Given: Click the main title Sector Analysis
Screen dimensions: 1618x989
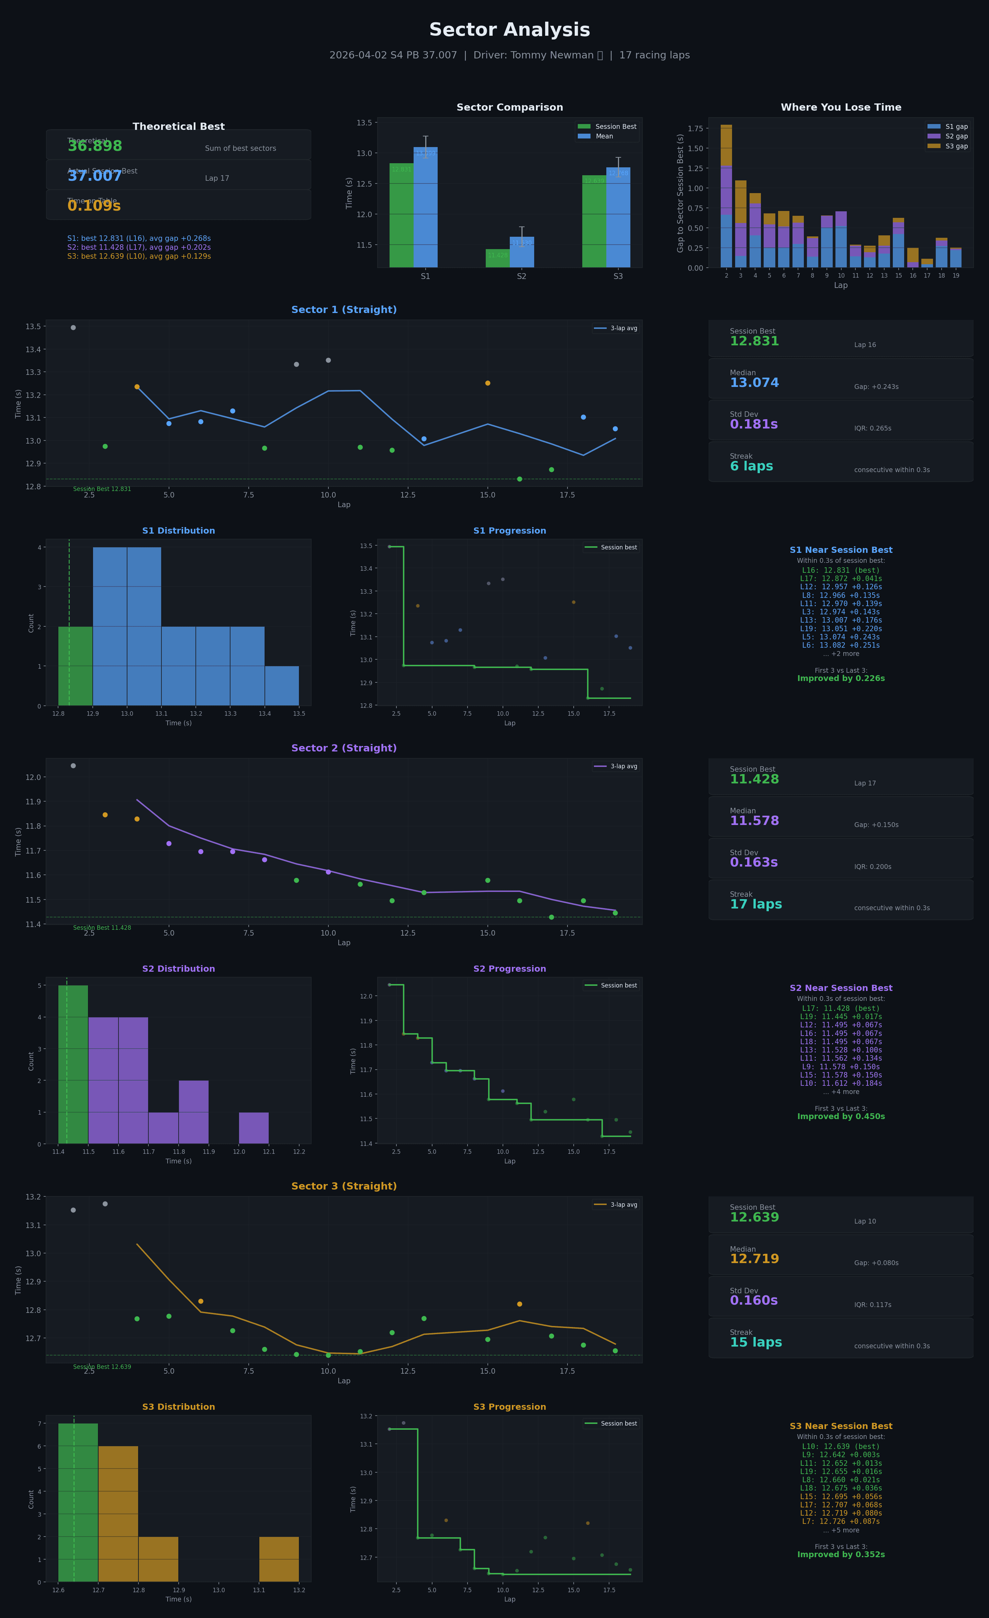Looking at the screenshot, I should (509, 30).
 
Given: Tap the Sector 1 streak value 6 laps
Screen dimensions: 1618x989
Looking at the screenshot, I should (751, 466).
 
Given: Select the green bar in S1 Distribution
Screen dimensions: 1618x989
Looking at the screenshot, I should (76, 666).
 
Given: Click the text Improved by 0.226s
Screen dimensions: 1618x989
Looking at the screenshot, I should (841, 678).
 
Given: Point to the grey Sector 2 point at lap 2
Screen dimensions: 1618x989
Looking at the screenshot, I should (73, 766).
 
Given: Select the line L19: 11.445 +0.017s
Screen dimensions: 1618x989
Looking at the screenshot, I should (841, 1016).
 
